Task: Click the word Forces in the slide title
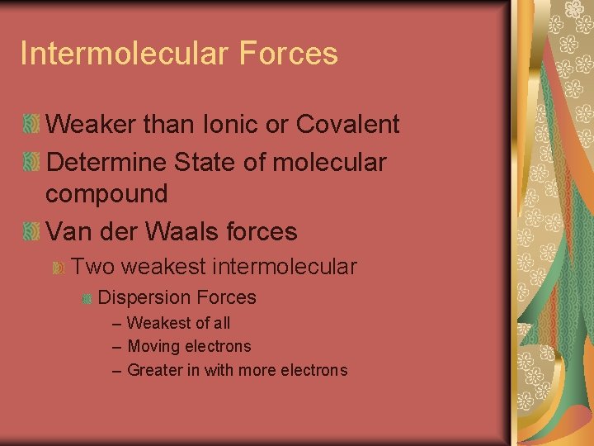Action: [289, 54]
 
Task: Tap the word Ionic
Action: [232, 125]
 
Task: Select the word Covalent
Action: [347, 125]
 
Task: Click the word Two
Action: [90, 267]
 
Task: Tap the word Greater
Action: [155, 371]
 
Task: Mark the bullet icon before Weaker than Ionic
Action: [31, 126]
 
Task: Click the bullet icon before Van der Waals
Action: [31, 232]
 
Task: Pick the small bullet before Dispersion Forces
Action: [87, 298]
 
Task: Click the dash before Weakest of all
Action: [116, 324]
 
